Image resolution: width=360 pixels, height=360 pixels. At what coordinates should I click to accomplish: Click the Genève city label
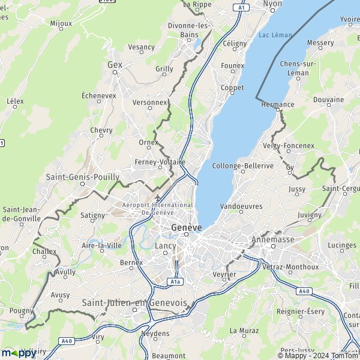click(186, 228)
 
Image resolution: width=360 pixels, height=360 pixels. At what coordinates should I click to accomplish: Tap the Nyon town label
click(272, 4)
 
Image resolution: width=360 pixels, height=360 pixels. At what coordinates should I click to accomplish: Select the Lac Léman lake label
click(275, 35)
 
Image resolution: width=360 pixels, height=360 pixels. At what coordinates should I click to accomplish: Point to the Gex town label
click(114, 64)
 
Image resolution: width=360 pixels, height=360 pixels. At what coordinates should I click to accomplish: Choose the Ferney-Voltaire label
click(160, 162)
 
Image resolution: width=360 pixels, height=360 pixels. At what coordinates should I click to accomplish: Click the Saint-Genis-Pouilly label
click(83, 177)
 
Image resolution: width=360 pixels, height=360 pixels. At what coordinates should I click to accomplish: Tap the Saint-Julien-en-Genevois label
click(135, 303)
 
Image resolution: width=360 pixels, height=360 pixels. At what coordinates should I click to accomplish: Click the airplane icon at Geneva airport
click(158, 198)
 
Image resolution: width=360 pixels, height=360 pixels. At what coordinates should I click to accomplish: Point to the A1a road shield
click(175, 281)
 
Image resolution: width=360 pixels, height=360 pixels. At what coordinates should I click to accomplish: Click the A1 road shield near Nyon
click(241, 8)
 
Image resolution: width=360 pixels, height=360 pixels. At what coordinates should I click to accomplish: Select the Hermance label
click(278, 104)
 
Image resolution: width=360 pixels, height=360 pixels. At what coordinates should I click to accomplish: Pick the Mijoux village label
click(61, 24)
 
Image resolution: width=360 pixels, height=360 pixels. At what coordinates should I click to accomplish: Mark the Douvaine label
click(328, 100)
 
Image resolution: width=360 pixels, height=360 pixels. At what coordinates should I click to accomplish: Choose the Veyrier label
click(224, 274)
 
